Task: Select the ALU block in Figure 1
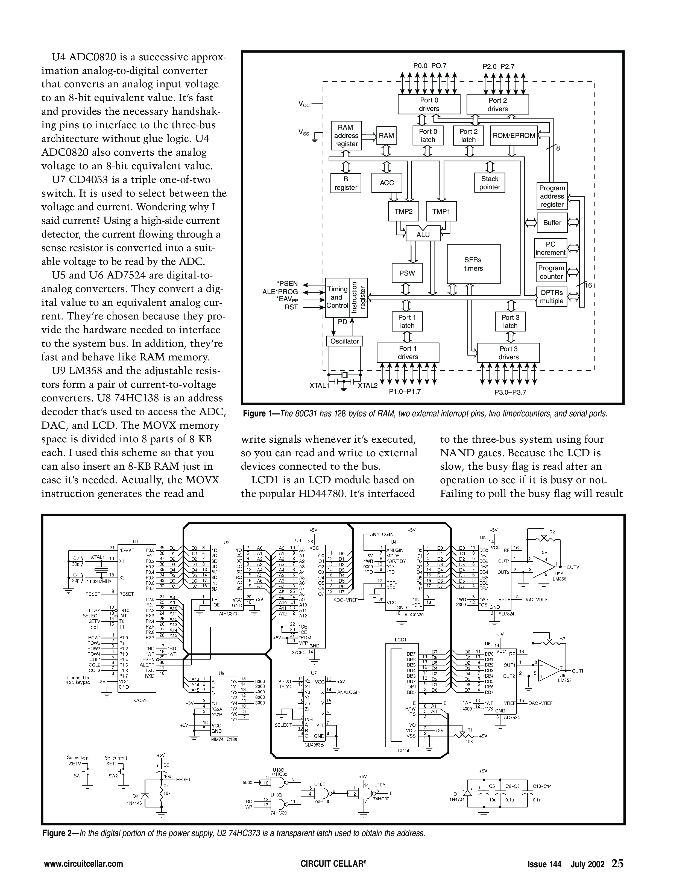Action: pyautogui.click(x=423, y=235)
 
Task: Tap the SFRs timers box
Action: pyautogui.click(x=473, y=264)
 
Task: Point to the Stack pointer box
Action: pyautogui.click(x=490, y=183)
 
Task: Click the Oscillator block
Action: pyautogui.click(x=344, y=341)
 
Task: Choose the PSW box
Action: pyautogui.click(x=407, y=273)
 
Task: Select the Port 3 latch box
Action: pyautogui.click(x=510, y=321)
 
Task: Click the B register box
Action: pyautogui.click(x=345, y=183)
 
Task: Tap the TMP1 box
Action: pyautogui.click(x=441, y=211)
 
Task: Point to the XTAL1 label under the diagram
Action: pyautogui.click(x=319, y=385)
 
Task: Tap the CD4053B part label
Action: pyautogui.click(x=314, y=745)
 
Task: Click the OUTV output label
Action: pyautogui.click(x=573, y=567)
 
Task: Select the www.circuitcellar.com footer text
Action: pyautogui.click(x=83, y=864)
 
